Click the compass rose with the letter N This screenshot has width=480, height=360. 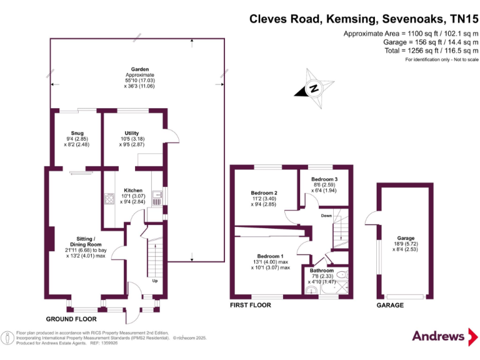(313, 88)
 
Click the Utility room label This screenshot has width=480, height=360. (131, 133)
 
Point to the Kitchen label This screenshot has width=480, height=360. (132, 191)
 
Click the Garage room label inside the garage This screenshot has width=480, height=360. (406, 238)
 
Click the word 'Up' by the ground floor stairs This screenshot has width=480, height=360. (155, 281)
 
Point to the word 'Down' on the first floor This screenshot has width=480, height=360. (326, 216)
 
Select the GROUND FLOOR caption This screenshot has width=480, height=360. (71, 318)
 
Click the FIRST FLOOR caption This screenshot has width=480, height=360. (250, 306)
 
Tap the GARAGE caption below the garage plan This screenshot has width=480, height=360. (389, 306)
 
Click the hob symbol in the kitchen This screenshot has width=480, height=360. (109, 199)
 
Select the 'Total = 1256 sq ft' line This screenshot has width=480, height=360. (409, 51)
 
